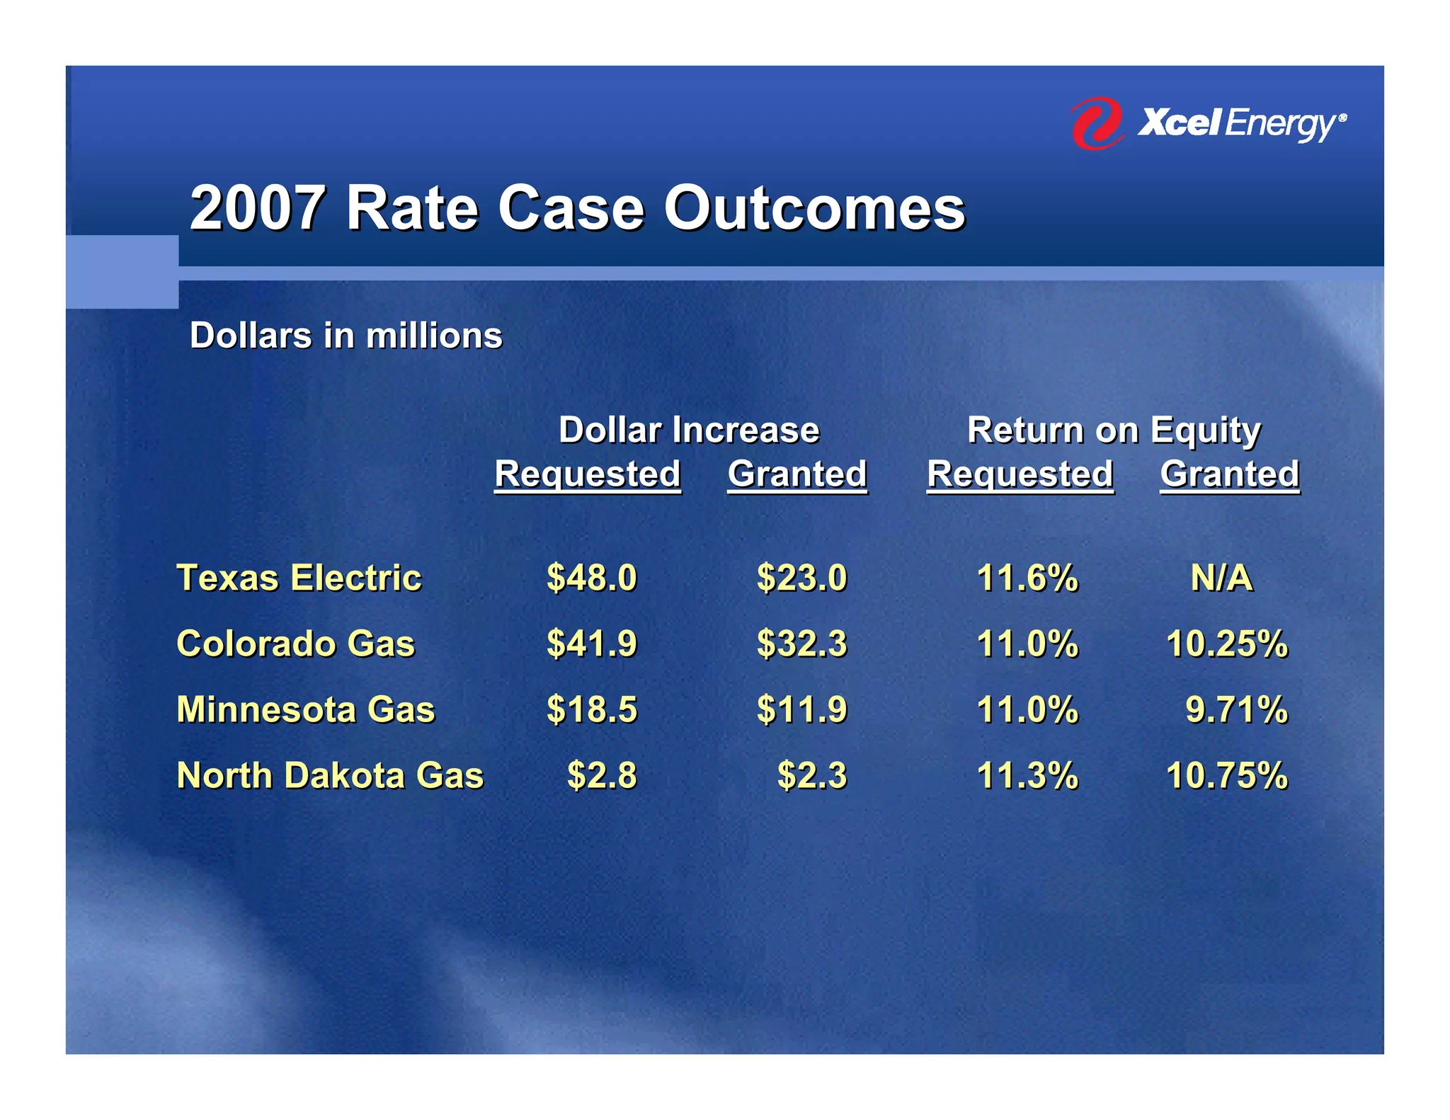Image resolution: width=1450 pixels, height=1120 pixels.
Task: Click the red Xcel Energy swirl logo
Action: point(1096,124)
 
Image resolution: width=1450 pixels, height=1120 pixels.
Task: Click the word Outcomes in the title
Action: point(814,208)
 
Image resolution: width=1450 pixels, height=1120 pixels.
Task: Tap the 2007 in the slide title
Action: point(258,208)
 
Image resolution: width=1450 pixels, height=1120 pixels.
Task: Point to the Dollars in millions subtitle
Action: point(346,336)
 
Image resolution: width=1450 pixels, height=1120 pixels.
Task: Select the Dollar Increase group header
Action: point(688,430)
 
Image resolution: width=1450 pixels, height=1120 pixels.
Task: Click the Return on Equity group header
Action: point(1114,430)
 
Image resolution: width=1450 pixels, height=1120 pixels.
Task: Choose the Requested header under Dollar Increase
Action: point(587,474)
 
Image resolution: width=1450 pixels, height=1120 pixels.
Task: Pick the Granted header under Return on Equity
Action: point(1229,474)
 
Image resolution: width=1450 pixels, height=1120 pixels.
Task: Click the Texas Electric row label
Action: point(299,578)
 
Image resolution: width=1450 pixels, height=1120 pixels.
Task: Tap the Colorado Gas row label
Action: point(295,644)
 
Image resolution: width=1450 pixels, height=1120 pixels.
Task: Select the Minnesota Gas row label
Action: point(305,709)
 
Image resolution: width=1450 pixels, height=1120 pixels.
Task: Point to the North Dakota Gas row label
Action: point(330,775)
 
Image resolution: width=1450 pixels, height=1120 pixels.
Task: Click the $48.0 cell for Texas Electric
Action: point(592,578)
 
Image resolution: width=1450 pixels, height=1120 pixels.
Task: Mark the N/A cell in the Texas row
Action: point(1221,578)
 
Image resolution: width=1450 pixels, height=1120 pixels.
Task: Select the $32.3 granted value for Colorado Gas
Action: point(801,644)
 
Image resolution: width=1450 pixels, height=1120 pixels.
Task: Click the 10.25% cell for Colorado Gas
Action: point(1226,644)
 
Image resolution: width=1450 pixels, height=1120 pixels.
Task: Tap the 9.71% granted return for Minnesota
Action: point(1236,709)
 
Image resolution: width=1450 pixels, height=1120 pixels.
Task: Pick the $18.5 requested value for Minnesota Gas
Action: point(592,709)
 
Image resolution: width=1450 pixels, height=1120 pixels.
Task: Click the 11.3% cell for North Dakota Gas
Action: point(1027,775)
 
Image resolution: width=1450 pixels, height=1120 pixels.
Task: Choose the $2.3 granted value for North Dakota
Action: point(812,775)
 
